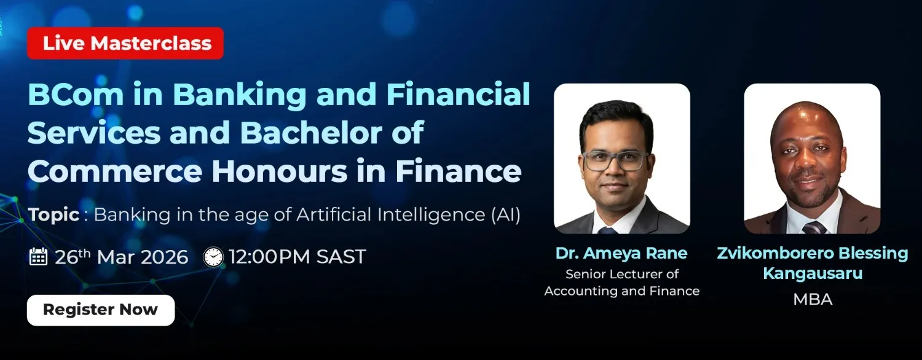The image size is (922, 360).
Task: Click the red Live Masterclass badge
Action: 125,43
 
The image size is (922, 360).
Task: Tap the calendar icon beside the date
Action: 39,256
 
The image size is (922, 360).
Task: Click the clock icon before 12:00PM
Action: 214,257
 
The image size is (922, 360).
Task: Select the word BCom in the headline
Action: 76,94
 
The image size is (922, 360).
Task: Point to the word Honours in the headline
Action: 280,171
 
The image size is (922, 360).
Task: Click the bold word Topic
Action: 53,215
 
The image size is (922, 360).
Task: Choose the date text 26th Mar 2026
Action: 122,257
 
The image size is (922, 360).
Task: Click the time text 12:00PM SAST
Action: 297,257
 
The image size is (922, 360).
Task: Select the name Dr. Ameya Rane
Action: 621,253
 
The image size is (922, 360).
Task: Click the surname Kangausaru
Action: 813,273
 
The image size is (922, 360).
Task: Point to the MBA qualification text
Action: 813,299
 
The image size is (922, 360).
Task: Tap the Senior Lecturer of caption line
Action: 622,274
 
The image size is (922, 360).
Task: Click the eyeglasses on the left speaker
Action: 615,161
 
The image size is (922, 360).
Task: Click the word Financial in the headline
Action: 458,94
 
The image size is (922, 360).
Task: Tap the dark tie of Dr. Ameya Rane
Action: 608,230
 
